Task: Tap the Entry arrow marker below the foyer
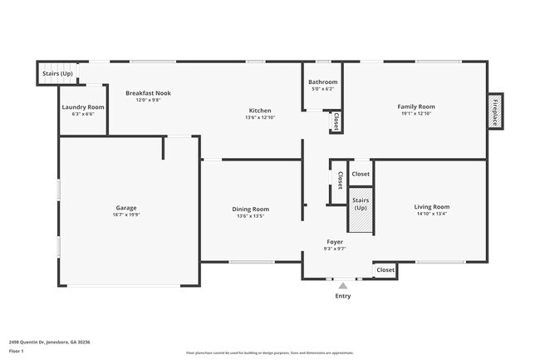342,285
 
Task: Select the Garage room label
126,208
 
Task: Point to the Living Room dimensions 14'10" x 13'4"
432,214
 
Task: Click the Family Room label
416,106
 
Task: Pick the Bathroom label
322,82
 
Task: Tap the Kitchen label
260,111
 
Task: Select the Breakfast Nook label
148,93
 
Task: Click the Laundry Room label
83,107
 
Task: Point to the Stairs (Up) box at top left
57,74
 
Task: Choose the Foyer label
334,242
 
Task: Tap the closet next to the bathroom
336,121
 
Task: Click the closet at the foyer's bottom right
385,270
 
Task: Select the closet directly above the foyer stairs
361,174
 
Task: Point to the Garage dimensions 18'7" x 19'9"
126,214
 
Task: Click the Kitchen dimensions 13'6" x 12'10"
260,117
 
